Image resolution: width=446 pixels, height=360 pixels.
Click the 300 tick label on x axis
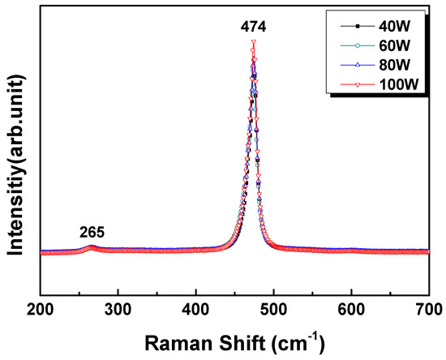click(x=118, y=309)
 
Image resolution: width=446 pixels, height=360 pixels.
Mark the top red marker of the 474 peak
click(x=254, y=43)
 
